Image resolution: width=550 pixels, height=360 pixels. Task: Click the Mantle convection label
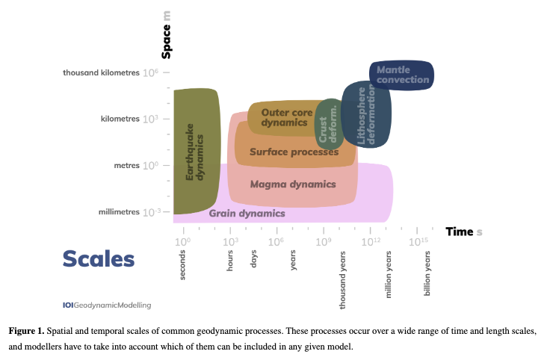click(x=403, y=75)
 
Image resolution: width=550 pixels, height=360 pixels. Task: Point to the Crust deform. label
click(x=329, y=124)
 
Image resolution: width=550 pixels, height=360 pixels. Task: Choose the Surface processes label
click(x=294, y=152)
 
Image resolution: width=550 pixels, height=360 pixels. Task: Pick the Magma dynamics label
click(x=293, y=184)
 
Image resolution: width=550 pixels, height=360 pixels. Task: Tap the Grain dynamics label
click(x=247, y=214)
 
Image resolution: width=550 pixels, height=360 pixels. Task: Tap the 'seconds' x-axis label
click(x=182, y=266)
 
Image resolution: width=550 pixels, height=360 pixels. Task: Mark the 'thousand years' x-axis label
click(x=343, y=280)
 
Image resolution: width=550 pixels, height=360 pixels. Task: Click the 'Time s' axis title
click(x=463, y=232)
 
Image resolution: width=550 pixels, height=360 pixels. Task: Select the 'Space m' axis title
click(x=167, y=41)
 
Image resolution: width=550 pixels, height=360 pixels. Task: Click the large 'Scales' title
click(x=99, y=258)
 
